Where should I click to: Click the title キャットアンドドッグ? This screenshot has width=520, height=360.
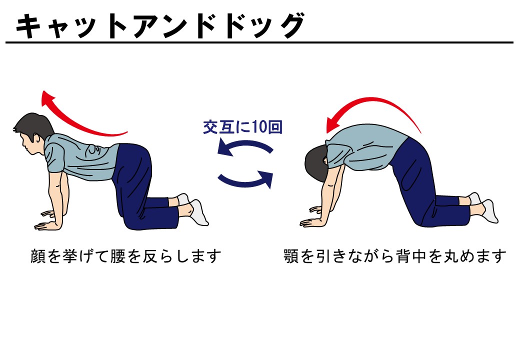pos(160,26)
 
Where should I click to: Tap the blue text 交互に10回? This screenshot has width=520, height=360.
pos(242,127)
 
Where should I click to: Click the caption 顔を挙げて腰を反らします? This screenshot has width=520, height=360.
pos(125,256)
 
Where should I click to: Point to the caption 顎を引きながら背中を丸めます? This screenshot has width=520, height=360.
pos(395,256)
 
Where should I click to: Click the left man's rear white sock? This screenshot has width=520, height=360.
pos(198,212)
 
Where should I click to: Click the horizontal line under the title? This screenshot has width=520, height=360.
pos(259,43)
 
